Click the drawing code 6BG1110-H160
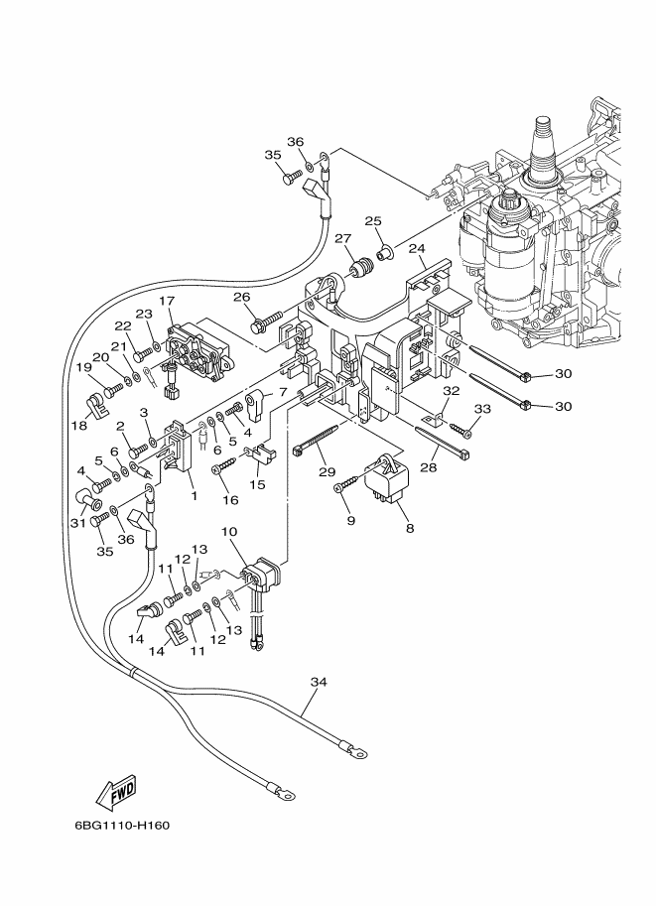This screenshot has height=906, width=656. [122, 825]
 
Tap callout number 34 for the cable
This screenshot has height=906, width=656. [319, 682]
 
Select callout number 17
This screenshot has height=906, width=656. [167, 301]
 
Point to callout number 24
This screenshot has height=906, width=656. [417, 248]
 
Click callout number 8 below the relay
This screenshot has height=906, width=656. [410, 528]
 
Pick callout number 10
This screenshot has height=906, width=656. [228, 532]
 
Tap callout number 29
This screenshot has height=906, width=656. [328, 472]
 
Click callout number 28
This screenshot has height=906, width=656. [429, 467]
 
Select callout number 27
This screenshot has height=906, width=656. [343, 238]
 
